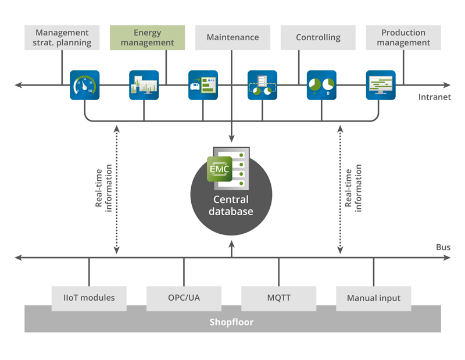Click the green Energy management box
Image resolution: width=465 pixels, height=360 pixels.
pos(148,37)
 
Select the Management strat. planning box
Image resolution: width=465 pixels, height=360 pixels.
pos(62,37)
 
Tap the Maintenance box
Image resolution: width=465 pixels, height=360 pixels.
pos(233,37)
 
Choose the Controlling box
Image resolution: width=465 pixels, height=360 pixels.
pos(318,37)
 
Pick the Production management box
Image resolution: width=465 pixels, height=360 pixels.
pos(403,37)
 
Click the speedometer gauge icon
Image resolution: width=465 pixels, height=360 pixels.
pos(85,85)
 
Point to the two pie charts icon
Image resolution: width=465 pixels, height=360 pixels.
pos(321,85)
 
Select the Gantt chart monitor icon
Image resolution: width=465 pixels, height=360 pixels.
pos(381,85)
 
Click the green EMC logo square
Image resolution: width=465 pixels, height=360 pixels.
pos(220,169)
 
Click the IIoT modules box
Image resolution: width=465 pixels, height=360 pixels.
pos(89,298)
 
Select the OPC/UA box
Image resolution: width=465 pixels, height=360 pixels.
pos(184,298)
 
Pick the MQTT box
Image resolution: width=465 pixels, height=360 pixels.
pos(278,298)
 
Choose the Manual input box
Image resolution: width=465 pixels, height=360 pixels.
pos(373,298)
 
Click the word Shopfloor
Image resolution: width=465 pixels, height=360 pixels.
pos(232,322)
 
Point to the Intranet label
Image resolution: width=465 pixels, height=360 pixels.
pos(434,97)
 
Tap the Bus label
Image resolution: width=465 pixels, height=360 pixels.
pos(443,247)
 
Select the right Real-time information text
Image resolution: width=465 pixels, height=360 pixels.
pos(353,186)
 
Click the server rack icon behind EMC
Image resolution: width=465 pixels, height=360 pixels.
pos(239,169)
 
